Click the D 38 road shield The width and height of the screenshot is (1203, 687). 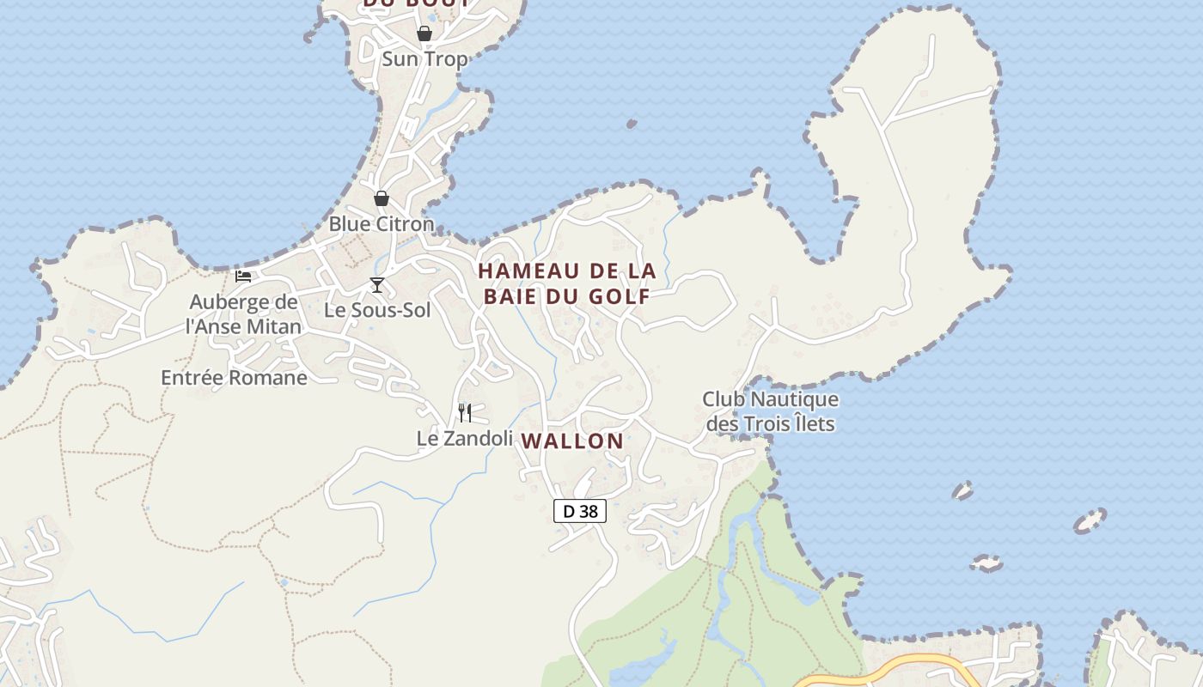579,511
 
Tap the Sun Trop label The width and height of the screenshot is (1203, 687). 424,59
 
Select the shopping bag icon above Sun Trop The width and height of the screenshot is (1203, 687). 424,33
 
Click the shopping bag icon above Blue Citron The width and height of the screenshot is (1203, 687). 382,198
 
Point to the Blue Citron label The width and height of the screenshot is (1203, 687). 382,224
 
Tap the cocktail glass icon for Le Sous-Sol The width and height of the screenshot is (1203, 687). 376,285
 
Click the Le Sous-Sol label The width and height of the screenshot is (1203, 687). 377,310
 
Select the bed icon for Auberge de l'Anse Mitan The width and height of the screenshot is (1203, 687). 243,276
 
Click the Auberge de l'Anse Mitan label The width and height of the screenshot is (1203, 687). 244,314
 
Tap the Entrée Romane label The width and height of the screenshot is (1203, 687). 234,378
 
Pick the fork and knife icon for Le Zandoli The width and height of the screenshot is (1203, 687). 465,413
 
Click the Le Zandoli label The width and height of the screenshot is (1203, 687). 464,438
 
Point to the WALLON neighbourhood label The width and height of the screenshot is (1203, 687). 572,441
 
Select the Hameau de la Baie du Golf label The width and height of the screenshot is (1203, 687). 566,283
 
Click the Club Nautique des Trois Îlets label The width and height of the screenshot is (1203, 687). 770,411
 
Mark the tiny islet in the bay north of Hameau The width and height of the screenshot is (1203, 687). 632,125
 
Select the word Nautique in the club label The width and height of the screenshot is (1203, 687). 795,399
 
